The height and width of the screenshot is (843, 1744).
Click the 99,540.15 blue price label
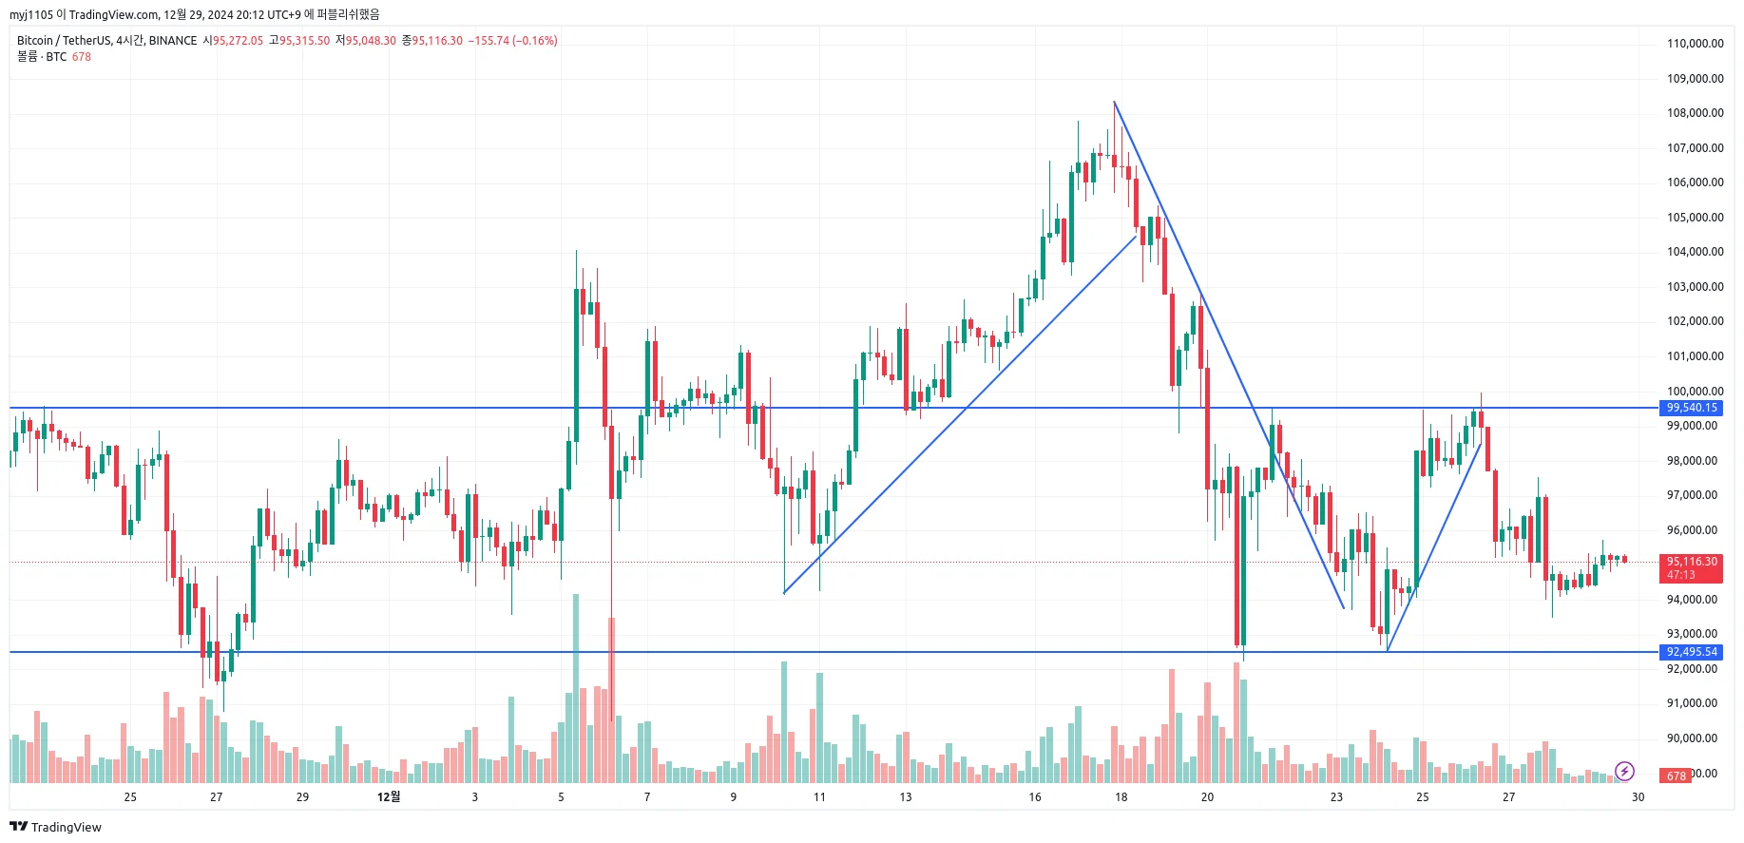point(1692,408)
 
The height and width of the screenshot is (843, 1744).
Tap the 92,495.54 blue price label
point(1692,652)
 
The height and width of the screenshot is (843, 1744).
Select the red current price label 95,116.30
point(1692,562)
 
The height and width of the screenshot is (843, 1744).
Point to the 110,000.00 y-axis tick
point(1695,44)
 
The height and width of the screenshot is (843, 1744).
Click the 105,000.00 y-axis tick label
point(1695,218)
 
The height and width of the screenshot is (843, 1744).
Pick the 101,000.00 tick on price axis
point(1695,356)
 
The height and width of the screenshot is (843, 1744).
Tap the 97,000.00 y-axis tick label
point(1695,495)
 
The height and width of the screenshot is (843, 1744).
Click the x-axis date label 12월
point(389,796)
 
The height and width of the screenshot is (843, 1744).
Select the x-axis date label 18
point(1121,797)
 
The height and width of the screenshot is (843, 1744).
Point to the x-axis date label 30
point(1638,797)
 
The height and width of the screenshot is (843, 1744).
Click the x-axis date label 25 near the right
point(1423,797)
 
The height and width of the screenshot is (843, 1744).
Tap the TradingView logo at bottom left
point(56,827)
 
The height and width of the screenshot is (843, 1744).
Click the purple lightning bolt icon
point(1624,771)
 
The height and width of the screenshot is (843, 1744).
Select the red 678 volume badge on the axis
point(1676,776)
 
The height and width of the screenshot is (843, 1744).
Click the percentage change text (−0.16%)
point(535,41)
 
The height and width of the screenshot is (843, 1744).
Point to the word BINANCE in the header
point(173,41)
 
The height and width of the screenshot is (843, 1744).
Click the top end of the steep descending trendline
point(1114,102)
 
